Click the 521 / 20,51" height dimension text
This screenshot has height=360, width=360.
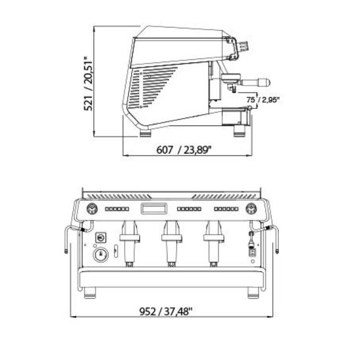point(88,84)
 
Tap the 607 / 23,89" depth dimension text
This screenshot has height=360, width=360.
point(184,150)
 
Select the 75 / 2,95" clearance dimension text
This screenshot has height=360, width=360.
point(263,100)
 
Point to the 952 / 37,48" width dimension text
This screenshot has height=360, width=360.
point(166,311)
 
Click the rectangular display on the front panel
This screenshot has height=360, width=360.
point(153,209)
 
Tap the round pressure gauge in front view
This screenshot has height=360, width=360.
point(101,255)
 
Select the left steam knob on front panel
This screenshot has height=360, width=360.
point(92,208)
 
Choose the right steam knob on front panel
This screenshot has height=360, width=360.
point(252,208)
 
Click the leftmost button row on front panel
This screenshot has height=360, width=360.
point(117,209)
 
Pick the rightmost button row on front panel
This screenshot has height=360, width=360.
point(226,209)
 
